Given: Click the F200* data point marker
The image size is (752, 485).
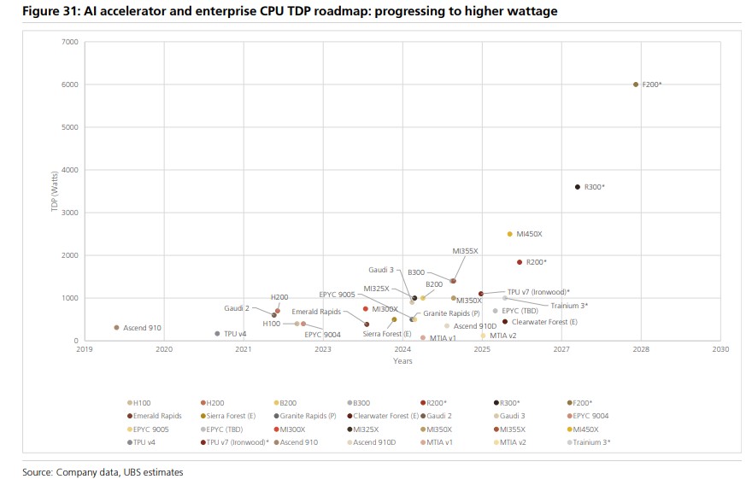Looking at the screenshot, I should (x=636, y=85).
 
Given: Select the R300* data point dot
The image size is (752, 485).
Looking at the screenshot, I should (x=578, y=187).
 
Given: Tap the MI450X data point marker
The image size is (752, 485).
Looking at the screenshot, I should (x=510, y=234).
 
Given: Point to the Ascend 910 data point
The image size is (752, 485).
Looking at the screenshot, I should (x=116, y=327).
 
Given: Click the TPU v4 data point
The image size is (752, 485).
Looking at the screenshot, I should (x=217, y=334).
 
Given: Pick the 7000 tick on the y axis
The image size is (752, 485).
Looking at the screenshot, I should (x=70, y=42).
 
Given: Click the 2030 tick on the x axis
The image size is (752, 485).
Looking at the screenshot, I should (x=720, y=349).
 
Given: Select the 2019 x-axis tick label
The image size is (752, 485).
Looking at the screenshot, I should (x=85, y=349).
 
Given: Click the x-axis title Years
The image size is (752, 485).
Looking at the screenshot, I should (x=402, y=361).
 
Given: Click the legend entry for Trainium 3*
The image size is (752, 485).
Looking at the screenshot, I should (x=595, y=442).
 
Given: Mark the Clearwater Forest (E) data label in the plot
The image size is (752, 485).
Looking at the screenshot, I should (x=545, y=322).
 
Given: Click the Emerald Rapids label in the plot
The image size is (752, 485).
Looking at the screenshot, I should (x=316, y=312).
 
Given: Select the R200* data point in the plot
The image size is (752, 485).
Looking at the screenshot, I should (x=519, y=262).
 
